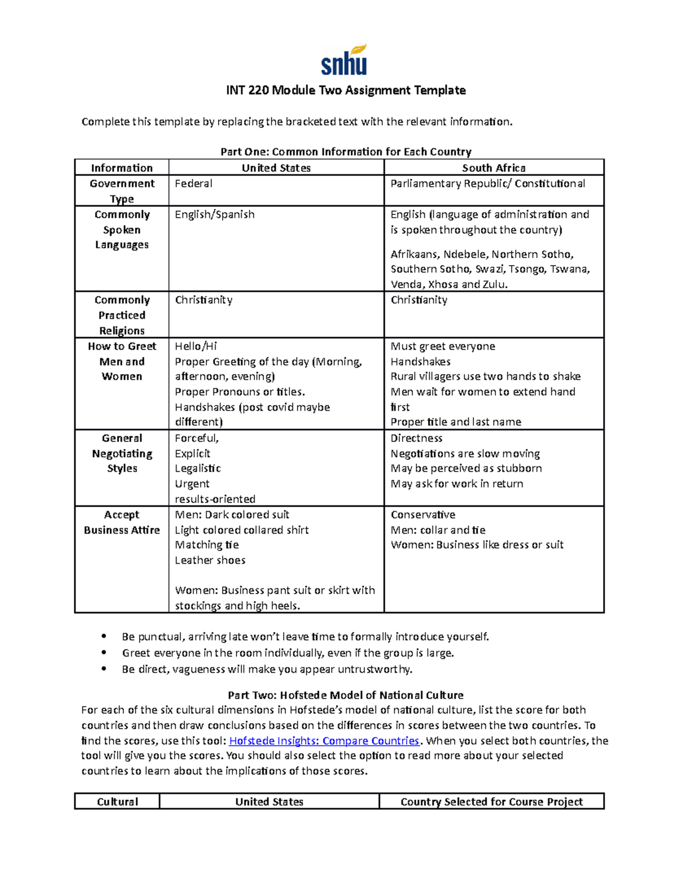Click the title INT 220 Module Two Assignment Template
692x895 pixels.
click(345, 90)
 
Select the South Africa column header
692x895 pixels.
click(494, 168)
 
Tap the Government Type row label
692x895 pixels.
click(122, 191)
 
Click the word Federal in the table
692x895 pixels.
click(194, 183)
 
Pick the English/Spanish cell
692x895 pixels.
click(215, 214)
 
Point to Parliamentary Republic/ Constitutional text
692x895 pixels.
click(487, 183)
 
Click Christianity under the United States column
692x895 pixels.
click(204, 300)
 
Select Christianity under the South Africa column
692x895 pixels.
click(419, 300)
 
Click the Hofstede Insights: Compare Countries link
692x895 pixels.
click(324, 741)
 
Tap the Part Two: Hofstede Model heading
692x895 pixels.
click(345, 695)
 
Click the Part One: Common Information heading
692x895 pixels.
click(345, 152)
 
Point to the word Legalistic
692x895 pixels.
click(198, 469)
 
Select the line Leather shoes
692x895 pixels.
click(210, 560)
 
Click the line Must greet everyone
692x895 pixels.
click(442, 346)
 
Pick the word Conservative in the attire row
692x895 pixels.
click(423, 515)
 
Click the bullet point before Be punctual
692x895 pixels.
click(104, 637)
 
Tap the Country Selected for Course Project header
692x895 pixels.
click(491, 802)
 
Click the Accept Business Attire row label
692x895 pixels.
click(122, 522)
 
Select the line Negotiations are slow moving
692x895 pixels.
click(465, 454)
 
